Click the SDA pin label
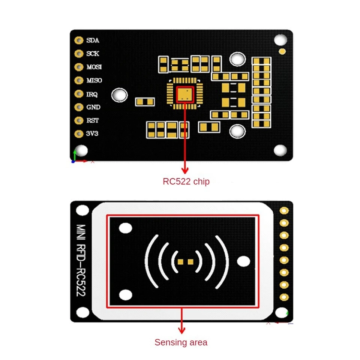93,40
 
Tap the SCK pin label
93,54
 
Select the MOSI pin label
94,67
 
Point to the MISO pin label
94,81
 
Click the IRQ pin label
92,94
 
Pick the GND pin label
93,107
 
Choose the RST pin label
93,120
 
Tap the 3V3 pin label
92,134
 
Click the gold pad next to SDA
78,40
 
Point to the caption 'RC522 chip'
186,182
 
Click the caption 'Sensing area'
181,342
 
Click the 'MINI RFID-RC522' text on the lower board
81,260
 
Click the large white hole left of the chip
120,94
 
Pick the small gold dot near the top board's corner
282,51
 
